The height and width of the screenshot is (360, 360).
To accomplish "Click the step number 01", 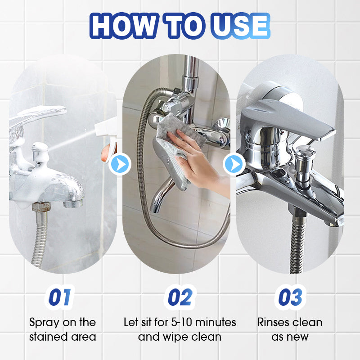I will coord(59,297).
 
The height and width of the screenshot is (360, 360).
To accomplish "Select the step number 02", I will coord(180,297).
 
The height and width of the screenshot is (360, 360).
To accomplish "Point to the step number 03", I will coord(290,297).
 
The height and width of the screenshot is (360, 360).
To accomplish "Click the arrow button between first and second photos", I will coord(120,164).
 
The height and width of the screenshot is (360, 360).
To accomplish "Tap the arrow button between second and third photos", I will coord(234,164).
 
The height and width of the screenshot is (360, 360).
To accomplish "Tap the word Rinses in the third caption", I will coord(274,322).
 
